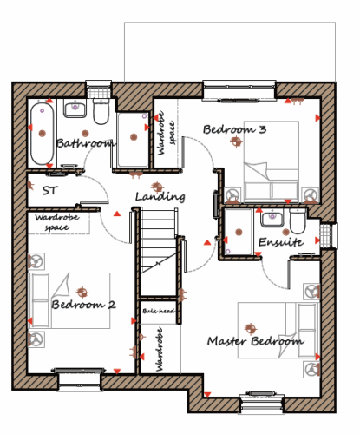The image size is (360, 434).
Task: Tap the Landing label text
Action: (x=160, y=197)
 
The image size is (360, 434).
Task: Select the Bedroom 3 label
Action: (x=234, y=129)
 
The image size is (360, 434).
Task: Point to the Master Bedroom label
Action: (x=256, y=341)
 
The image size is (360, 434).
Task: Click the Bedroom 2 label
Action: (x=83, y=305)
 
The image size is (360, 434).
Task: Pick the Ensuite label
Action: (x=281, y=242)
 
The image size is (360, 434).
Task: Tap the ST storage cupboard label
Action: (x=50, y=190)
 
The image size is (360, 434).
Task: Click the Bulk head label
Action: (x=159, y=311)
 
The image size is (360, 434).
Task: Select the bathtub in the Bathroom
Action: (x=43, y=134)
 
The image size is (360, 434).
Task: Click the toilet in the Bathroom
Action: (x=101, y=111)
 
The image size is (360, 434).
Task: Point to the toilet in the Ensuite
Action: (x=298, y=221)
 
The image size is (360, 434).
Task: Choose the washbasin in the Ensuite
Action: (x=272, y=219)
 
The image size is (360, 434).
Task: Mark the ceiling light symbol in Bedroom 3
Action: (x=236, y=141)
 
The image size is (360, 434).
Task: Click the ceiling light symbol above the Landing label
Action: (x=157, y=187)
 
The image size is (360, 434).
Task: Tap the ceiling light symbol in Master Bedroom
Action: (x=251, y=328)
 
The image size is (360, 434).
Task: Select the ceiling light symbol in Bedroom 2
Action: (x=82, y=293)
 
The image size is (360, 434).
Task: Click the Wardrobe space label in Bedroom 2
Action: (x=57, y=222)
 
